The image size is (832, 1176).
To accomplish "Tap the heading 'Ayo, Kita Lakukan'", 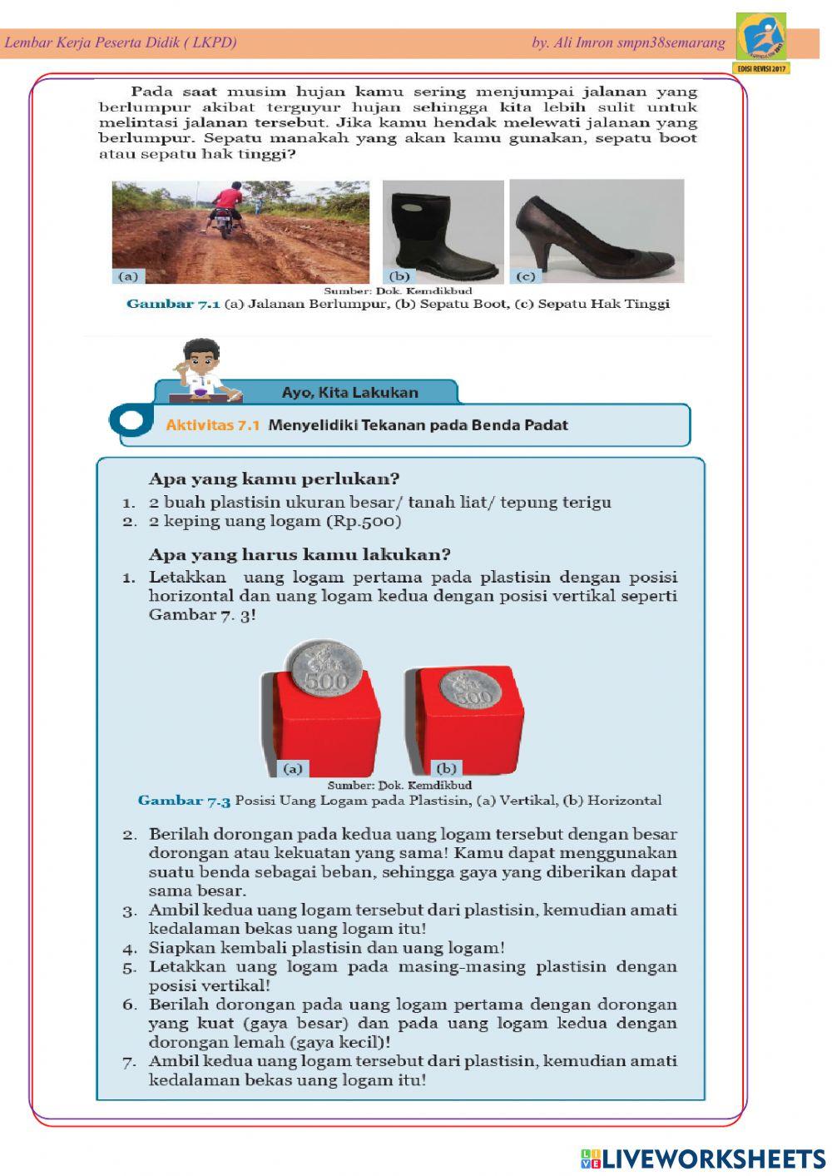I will click(x=349, y=392).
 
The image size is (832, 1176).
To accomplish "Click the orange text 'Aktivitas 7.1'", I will click(x=212, y=425).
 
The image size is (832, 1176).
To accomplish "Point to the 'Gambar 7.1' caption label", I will click(x=172, y=305).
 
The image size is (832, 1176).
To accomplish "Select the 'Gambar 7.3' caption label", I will click(x=184, y=801).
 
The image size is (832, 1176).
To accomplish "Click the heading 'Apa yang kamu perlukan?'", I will click(x=274, y=479).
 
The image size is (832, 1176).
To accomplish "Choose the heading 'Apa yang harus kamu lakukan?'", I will click(x=300, y=555).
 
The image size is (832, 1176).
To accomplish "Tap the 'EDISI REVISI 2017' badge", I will click(x=760, y=68).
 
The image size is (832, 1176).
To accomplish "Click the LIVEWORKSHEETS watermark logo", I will click(x=703, y=1159).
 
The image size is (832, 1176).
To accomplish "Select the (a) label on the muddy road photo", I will click(x=128, y=276).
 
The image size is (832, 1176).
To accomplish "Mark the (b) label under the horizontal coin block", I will click(x=446, y=768).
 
